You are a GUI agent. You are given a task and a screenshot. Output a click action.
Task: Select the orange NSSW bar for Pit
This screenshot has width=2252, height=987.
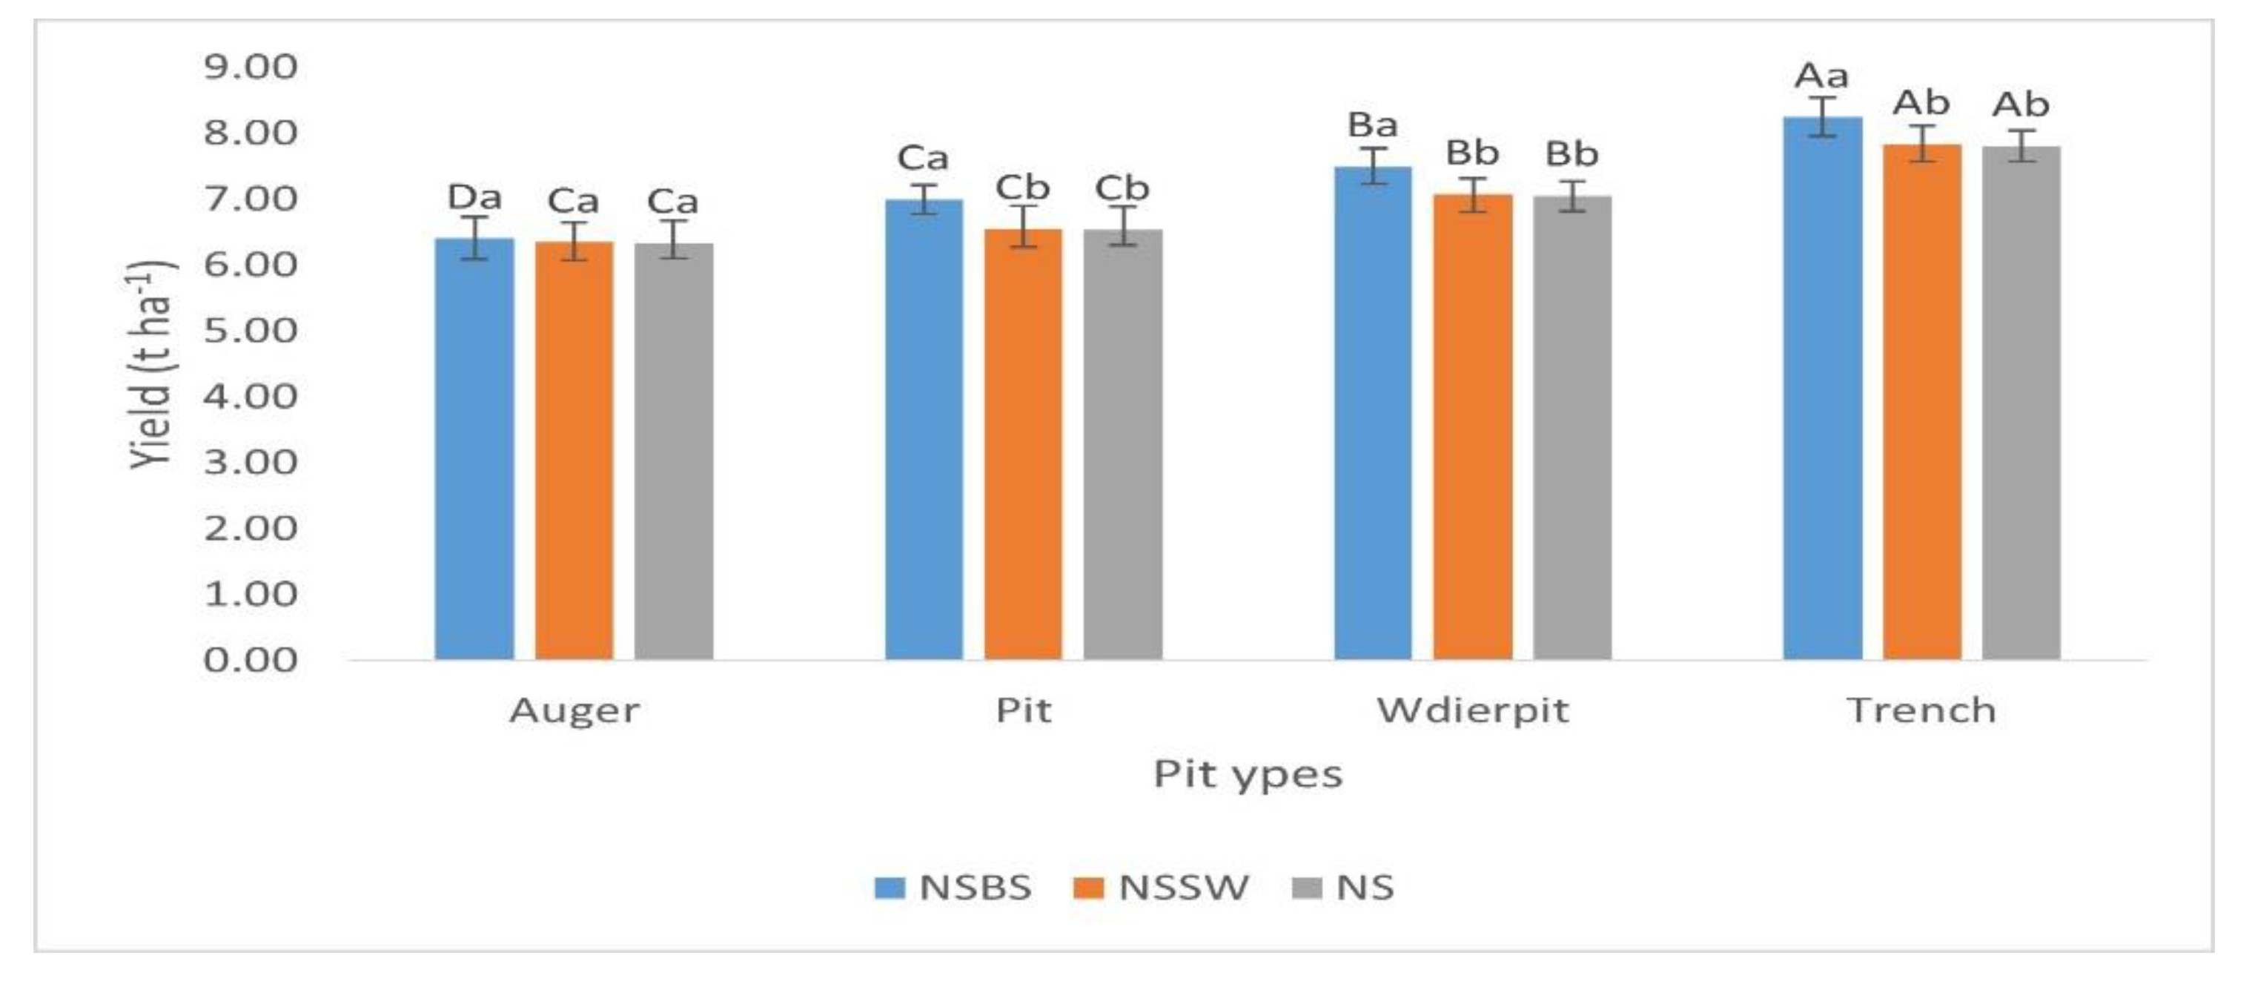click(x=1023, y=446)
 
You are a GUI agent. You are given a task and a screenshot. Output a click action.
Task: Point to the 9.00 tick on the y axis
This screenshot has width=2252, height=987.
click(x=250, y=67)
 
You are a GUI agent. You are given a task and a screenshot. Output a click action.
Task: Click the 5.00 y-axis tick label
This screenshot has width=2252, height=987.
click(x=250, y=331)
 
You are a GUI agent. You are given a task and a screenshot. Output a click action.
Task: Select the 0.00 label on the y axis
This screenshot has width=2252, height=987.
click(x=250, y=660)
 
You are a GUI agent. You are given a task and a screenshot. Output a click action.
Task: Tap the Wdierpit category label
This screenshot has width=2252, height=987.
click(x=1472, y=710)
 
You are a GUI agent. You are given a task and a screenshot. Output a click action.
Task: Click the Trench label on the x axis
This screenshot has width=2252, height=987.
click(x=1921, y=710)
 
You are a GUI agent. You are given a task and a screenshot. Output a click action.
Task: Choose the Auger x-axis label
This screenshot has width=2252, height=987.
click(x=574, y=710)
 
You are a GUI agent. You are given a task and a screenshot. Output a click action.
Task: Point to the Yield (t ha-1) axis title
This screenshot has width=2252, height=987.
click(x=151, y=365)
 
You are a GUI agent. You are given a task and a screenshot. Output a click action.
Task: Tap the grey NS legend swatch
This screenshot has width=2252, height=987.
click(x=1306, y=888)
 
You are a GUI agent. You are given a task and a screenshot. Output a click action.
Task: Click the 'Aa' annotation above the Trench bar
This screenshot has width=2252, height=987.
click(x=1822, y=76)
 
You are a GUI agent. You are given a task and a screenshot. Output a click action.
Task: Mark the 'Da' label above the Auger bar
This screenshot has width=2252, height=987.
click(x=474, y=197)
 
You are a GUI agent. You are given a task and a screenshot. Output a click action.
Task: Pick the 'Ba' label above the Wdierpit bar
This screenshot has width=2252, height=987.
click(x=1373, y=125)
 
